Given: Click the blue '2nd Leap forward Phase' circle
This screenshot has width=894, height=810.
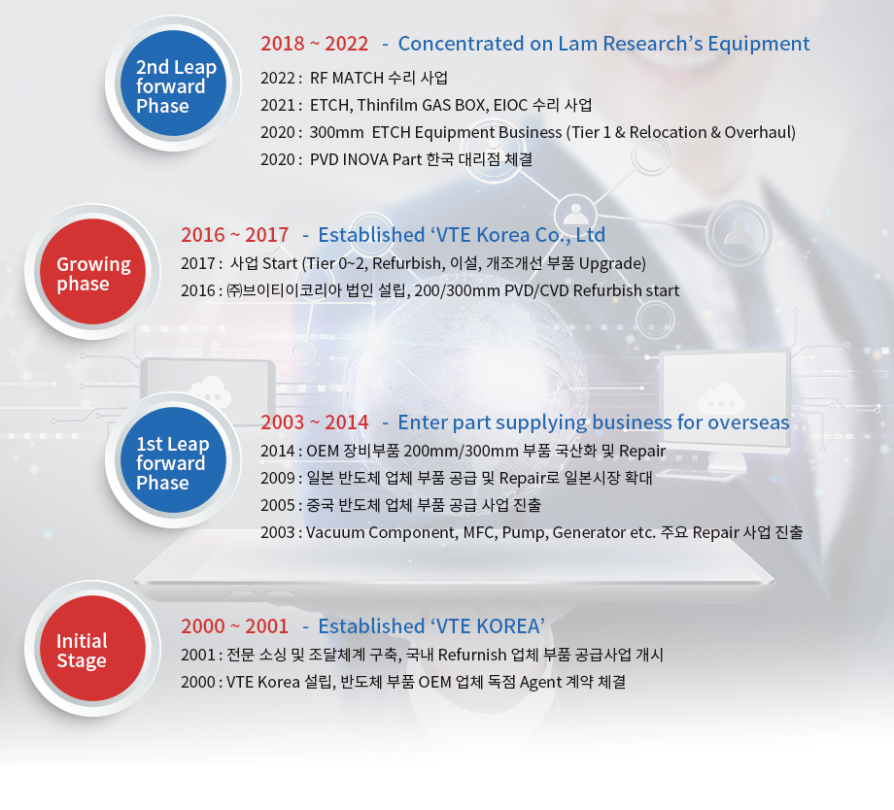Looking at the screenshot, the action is [173, 84].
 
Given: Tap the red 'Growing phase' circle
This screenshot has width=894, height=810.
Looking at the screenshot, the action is [93, 272].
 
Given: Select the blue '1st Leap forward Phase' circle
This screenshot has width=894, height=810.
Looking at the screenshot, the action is [173, 460].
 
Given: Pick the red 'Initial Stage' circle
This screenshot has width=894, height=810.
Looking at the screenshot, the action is [93, 649].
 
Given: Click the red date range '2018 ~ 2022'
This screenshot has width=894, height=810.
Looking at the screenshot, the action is [314, 44].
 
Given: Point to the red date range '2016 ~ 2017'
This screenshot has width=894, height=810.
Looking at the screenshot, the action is [234, 235].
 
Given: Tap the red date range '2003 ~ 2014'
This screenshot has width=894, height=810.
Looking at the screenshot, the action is [314, 422].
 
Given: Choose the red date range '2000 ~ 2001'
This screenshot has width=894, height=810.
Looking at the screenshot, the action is [234, 625].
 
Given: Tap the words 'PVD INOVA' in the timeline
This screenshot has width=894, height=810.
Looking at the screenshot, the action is [349, 159].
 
